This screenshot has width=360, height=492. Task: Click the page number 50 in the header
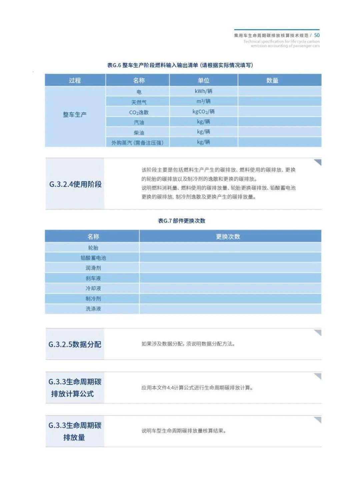coord(317,35)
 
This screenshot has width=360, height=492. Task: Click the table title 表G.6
coord(180,65)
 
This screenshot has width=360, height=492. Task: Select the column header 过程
coord(75,80)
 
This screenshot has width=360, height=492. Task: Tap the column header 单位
coord(203,80)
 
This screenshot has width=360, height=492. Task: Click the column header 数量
coord(272,80)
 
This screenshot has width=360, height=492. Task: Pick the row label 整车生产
coord(75,115)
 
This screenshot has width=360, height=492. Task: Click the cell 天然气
coord(139,102)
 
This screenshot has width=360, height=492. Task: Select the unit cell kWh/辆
coord(203,91)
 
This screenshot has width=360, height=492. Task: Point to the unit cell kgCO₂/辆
coord(203,112)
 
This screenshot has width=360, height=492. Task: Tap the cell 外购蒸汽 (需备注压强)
coord(137,143)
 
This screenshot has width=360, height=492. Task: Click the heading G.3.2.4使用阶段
coord(75,184)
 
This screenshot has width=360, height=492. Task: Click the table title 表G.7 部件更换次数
coord(182,221)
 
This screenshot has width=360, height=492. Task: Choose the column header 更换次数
coord(228,237)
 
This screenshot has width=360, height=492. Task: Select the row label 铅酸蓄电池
coord(93,258)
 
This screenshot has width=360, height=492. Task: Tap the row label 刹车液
coord(93,278)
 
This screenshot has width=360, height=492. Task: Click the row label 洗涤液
coord(93,309)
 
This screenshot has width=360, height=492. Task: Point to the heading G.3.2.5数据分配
coord(75,344)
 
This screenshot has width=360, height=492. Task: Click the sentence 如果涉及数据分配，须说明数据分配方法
coord(188,344)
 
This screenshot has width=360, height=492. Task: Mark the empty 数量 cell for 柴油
coord(279,132)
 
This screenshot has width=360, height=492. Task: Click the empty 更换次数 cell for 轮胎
coord(230,248)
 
